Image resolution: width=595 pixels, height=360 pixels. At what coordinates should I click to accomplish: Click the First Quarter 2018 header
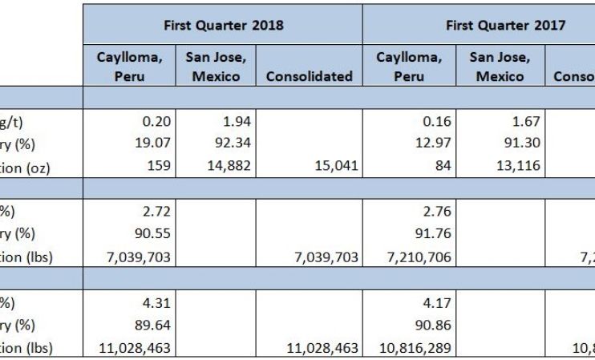(x=223, y=25)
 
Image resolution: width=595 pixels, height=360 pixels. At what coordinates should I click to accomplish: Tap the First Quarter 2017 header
(x=505, y=25)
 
